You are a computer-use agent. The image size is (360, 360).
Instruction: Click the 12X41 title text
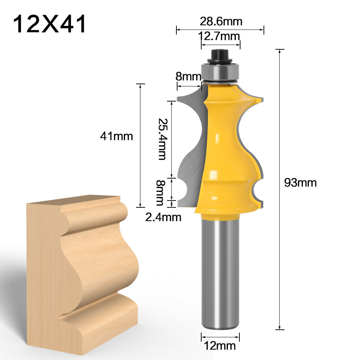(50, 24)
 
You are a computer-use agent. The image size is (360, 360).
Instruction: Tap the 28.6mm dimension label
(221, 22)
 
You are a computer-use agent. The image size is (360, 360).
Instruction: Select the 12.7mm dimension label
(220, 36)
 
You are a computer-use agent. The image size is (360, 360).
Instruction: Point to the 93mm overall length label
(300, 183)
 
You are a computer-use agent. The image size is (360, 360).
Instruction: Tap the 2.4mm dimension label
(163, 217)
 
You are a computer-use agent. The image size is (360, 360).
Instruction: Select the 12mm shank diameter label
(220, 346)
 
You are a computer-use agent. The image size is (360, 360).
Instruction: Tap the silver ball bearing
(220, 72)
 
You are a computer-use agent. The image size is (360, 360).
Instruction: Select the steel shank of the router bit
(220, 274)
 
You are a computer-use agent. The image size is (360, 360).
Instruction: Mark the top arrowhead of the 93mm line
(280, 50)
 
